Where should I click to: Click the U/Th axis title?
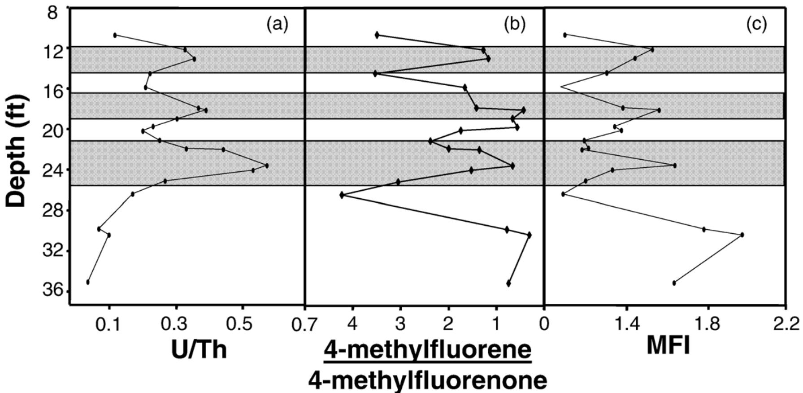[x=199, y=349]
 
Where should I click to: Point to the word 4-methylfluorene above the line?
[x=427, y=349]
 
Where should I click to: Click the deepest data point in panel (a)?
[x=88, y=282]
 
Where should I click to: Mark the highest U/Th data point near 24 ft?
[x=267, y=166]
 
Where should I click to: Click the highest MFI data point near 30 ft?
[x=742, y=235]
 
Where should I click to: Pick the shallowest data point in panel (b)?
[x=377, y=35]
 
